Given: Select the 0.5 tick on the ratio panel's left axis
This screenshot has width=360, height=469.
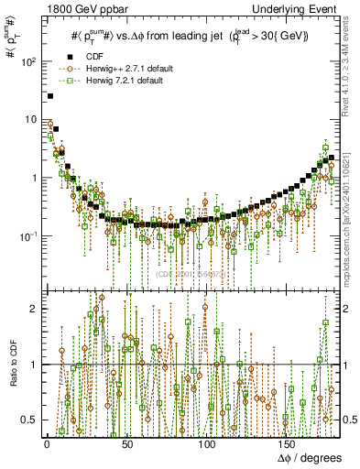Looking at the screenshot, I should pyautogui.click(x=30, y=420).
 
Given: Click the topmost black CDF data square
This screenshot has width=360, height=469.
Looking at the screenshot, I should pyautogui.click(x=50, y=95).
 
